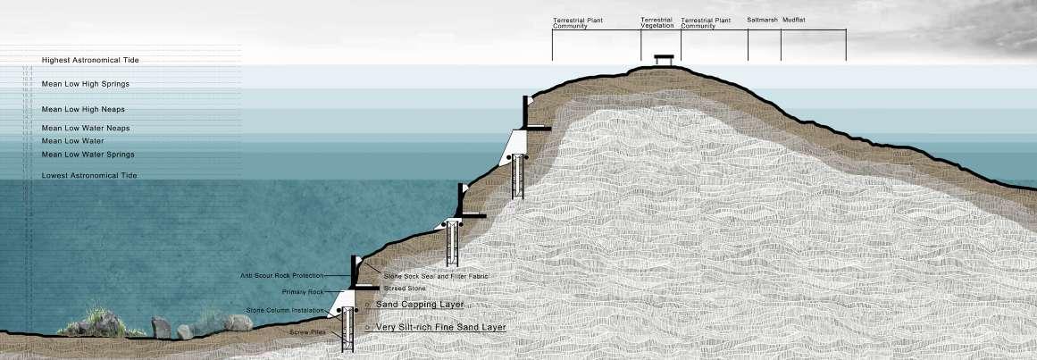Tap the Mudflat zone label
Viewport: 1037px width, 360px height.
click(794, 19)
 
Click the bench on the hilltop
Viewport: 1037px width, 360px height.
click(663, 60)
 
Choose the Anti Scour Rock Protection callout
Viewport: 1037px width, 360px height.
click(282, 275)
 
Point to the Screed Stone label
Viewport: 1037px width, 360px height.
click(405, 289)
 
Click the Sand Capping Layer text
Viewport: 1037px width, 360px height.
click(420, 305)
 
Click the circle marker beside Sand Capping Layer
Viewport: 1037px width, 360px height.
click(368, 305)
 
